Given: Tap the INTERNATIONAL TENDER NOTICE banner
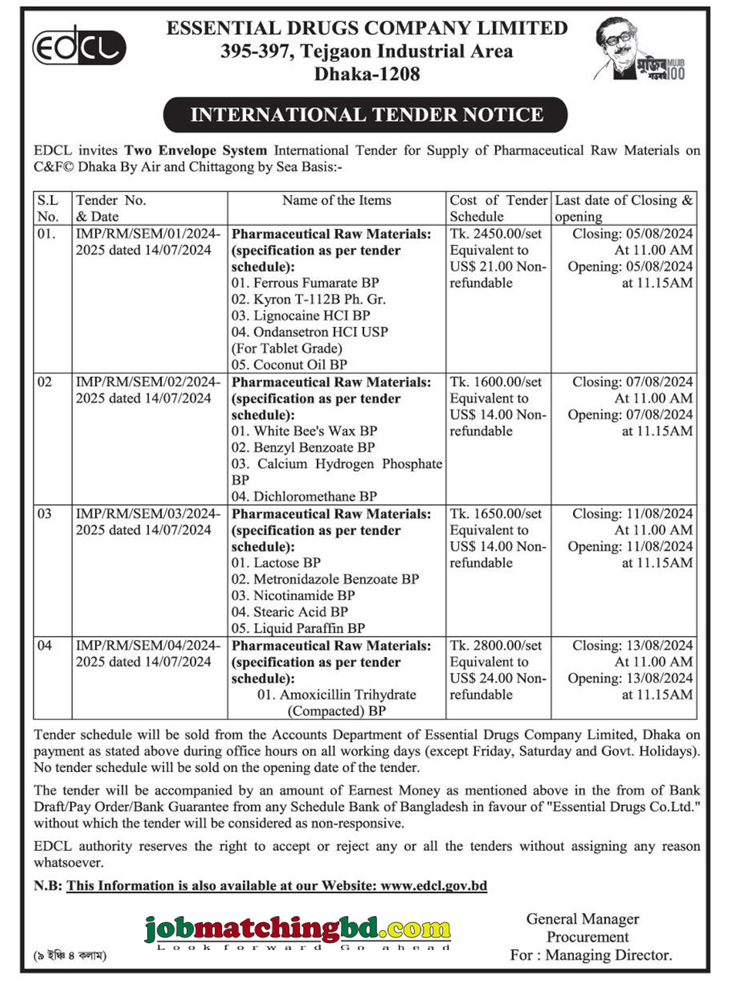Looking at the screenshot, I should click(x=366, y=115).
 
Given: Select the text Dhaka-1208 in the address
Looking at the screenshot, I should click(x=367, y=74).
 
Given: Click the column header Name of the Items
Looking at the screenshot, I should click(x=336, y=201).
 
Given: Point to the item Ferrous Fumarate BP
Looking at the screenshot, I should click(x=305, y=283).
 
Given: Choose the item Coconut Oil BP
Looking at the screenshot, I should click(x=289, y=365).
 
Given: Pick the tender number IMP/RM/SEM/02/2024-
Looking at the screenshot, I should click(x=148, y=382).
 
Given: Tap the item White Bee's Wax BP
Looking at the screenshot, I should click(x=305, y=431).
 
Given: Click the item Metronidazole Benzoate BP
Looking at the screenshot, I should click(x=325, y=579).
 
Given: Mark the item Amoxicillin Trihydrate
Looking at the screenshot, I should click(x=336, y=695).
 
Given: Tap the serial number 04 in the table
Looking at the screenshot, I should click(x=45, y=645).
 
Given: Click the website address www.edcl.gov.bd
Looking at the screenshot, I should click(x=434, y=885).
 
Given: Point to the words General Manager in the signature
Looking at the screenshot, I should click(x=582, y=919).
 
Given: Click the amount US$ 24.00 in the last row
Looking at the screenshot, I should click(x=481, y=679).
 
